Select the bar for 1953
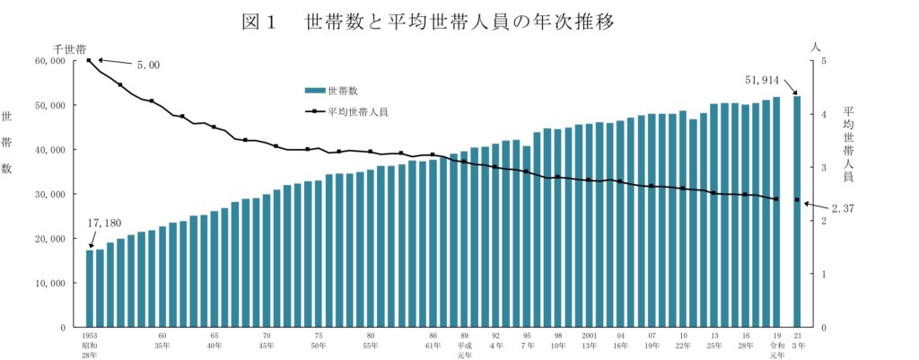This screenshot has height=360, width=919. [90, 288]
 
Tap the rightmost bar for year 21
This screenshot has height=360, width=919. [797, 211]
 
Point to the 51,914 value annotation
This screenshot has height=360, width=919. [765, 80]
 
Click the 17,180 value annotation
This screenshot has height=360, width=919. [105, 223]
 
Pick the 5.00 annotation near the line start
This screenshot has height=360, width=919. [148, 66]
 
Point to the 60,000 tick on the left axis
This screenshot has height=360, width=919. [50, 61]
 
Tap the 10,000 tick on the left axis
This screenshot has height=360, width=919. [50, 283]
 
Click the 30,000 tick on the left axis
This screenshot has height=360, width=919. [50, 194]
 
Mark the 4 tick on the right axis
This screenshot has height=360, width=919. [823, 114]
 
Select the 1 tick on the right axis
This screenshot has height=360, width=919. [823, 274]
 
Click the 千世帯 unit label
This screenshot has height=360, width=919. [69, 47]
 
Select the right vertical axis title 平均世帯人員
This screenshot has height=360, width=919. [849, 144]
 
